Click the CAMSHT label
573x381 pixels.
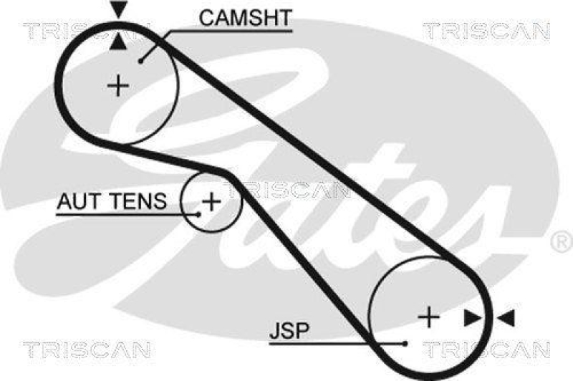click(x=246, y=19)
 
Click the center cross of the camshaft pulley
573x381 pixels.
click(x=118, y=87)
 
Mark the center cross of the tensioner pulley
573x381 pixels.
click(x=211, y=201)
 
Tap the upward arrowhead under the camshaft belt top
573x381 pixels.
click(x=118, y=42)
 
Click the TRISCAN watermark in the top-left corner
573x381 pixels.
click(x=85, y=30)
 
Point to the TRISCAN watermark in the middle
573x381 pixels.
click(x=287, y=190)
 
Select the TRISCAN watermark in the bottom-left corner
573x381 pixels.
click(x=86, y=349)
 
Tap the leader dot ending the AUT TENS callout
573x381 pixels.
click(x=198, y=213)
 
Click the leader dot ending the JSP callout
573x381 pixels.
click(x=405, y=342)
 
